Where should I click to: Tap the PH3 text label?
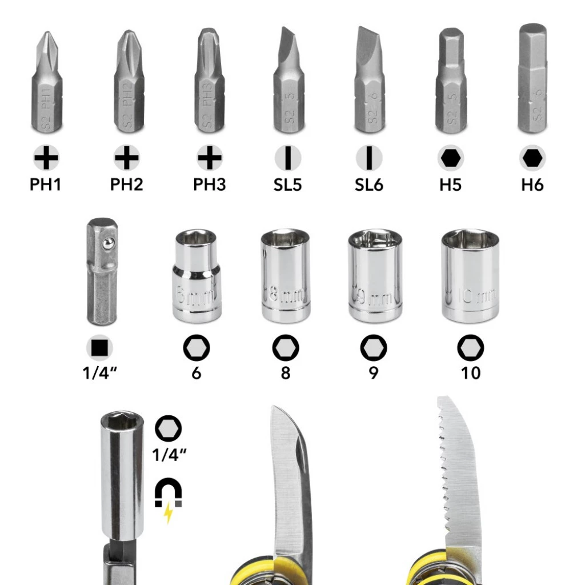coord(210,185)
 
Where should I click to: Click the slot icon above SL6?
coord(369,158)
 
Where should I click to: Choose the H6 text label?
coord(532,185)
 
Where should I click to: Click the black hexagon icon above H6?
coord(532,158)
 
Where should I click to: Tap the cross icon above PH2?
coord(127,158)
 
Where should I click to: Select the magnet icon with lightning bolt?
coord(169,495)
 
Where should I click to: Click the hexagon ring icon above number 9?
coord(374,347)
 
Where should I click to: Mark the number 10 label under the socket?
coord(471,373)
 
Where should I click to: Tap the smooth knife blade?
coord(291,486)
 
